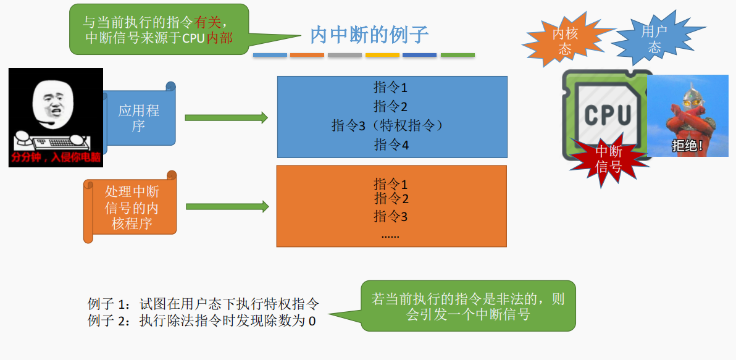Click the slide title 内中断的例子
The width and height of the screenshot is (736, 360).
coord(369,35)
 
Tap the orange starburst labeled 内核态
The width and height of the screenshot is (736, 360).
coord(564,41)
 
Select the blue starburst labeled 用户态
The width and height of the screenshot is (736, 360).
coord(654,39)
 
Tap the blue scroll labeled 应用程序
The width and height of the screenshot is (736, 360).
coord(139,118)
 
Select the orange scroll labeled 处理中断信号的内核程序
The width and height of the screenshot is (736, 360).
coord(132,207)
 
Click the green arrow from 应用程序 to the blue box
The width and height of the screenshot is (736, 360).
coord(226,117)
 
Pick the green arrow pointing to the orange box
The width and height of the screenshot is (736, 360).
coord(227,207)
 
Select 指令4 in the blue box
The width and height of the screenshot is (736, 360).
coord(391,145)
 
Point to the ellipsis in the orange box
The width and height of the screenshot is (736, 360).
coord(390,235)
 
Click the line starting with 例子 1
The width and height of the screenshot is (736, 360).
coord(203,304)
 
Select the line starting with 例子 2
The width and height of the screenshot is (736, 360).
coord(201,320)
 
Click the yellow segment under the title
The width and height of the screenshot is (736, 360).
coord(382,55)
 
